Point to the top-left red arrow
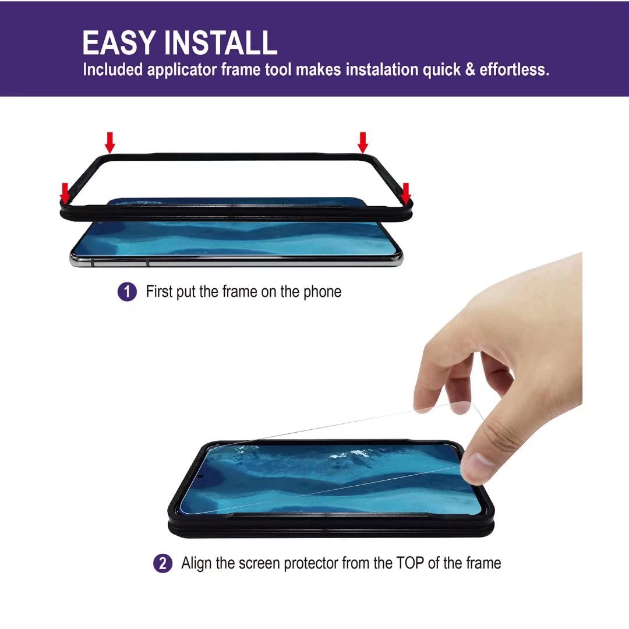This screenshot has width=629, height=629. [110, 143]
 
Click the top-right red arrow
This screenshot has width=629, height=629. [363, 143]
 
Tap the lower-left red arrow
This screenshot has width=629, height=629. [65, 193]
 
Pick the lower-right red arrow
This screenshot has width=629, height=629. [406, 193]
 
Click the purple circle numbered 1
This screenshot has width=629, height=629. [127, 292]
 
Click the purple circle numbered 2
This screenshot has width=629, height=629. [163, 563]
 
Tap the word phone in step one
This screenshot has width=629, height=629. [322, 292]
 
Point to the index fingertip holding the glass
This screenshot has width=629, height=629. [429, 402]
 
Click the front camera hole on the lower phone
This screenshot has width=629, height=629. [200, 476]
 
